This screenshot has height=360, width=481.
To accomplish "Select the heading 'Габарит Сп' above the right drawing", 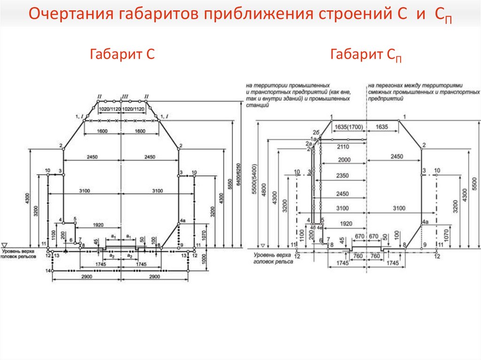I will [x=366, y=55].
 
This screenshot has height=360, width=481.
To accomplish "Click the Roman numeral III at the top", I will [x=125, y=97].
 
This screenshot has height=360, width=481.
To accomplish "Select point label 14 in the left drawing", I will [x=47, y=271].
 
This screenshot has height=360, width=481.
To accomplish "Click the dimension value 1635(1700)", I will [x=348, y=127].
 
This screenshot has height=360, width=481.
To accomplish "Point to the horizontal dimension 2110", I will [x=344, y=146].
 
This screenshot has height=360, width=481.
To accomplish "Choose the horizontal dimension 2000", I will [x=344, y=160].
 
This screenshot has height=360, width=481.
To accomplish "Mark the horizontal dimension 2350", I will [x=344, y=176].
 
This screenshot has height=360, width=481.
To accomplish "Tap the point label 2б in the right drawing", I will [x=317, y=133].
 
